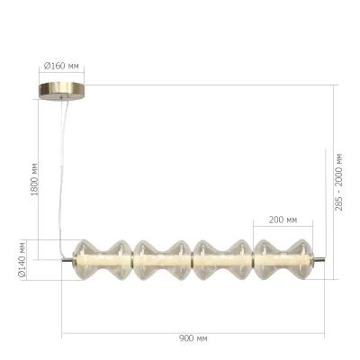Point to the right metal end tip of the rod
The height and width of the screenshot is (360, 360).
coord(320,261)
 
